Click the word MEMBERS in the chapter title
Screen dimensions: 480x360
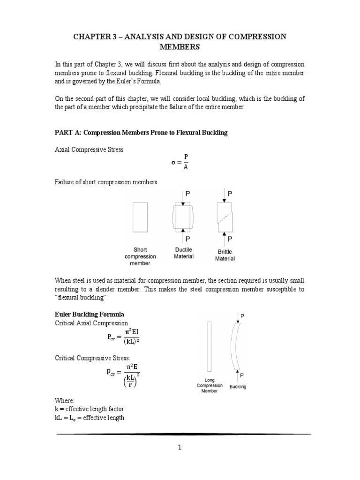180,47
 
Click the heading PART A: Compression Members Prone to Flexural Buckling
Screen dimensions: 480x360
141,133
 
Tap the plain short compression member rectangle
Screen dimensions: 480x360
140,217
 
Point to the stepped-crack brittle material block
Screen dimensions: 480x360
225,217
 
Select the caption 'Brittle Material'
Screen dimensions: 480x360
225,255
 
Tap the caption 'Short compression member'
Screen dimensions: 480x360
140,256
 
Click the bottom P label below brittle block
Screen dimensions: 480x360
230,240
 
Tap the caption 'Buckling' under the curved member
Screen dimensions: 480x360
238,387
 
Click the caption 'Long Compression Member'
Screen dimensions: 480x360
210,385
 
